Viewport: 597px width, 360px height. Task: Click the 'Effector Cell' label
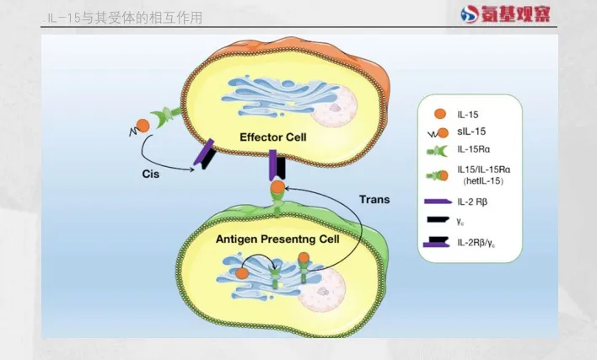tap(272, 137)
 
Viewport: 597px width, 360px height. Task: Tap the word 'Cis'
tap(152, 174)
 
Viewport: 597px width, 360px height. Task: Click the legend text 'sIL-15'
tap(471, 131)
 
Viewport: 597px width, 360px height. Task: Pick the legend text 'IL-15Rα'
tap(476, 149)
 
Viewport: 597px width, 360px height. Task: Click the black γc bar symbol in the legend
tap(436, 222)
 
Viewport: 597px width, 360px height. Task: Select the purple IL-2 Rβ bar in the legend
tap(436, 202)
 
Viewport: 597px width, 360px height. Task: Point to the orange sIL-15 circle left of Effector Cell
tap(143, 125)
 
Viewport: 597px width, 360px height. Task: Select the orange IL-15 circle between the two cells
tap(277, 188)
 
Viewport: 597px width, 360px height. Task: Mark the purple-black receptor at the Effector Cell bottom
tap(277, 165)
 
